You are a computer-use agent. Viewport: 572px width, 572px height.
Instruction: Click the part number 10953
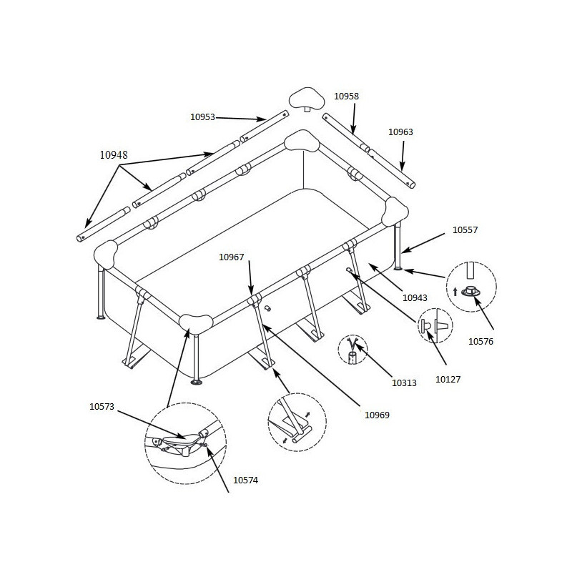202,117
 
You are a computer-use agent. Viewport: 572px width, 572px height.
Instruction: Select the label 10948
113,154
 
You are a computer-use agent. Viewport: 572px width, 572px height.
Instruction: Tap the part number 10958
346,96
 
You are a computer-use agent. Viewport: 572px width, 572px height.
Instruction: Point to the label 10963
400,132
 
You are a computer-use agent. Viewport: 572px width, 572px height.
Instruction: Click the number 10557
465,230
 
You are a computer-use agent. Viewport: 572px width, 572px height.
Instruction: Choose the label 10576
481,341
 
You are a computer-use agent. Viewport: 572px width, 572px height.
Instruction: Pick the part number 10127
448,380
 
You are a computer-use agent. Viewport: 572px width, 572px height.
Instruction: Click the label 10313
404,383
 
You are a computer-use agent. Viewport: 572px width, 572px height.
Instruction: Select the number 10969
378,414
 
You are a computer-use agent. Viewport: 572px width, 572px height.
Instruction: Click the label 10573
102,407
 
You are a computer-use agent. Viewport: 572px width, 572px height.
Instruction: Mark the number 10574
245,480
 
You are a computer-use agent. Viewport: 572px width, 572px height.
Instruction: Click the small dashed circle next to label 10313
353,349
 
